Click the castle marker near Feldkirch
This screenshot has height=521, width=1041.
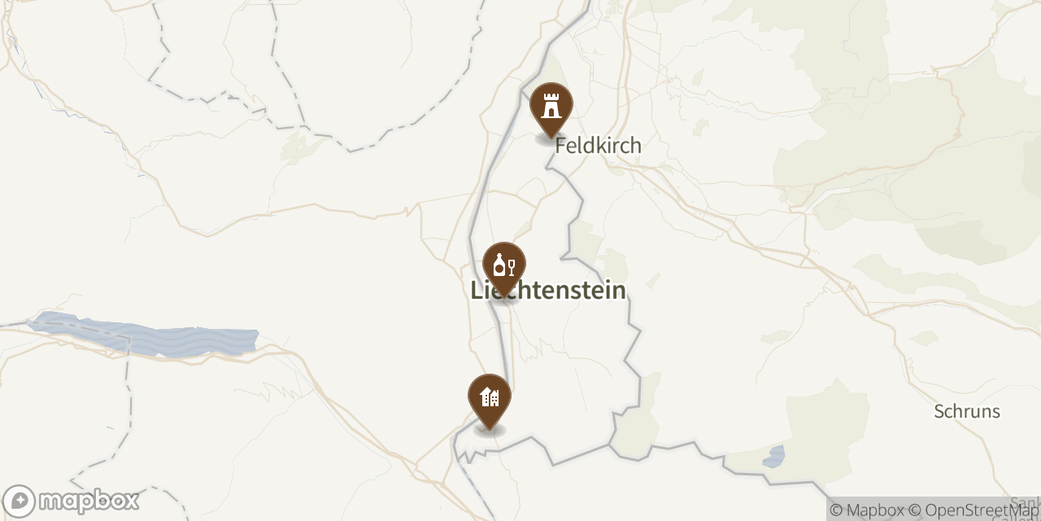[x=551, y=106]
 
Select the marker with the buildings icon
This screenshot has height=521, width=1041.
[x=490, y=398]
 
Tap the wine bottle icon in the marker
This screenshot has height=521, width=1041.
[x=499, y=265]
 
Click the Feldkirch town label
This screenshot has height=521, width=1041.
[x=598, y=146]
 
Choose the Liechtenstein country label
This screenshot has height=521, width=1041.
[x=548, y=291]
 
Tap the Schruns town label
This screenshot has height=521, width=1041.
[x=967, y=411]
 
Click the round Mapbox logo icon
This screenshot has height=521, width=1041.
[x=19, y=501]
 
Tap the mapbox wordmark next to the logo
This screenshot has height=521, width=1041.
[x=89, y=500]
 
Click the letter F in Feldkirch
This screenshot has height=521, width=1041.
[x=560, y=146]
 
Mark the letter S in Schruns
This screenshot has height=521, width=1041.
[x=939, y=411]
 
